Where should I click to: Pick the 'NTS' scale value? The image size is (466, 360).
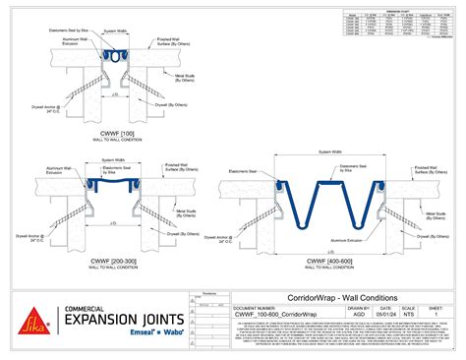tap(408, 315)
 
